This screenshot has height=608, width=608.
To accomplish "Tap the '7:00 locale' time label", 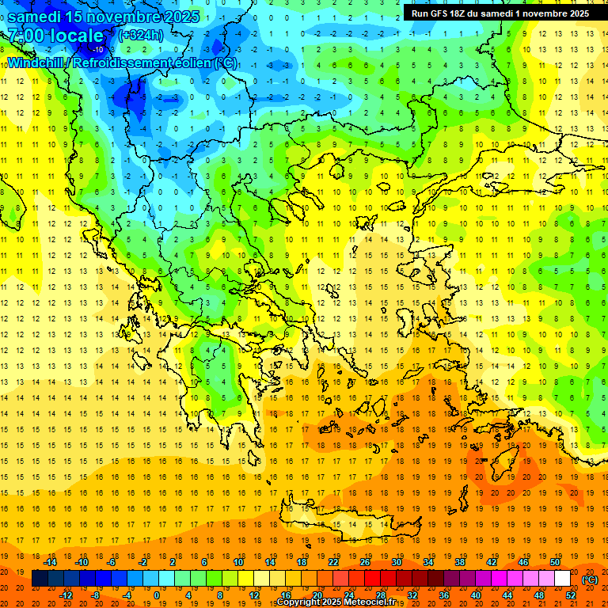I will click(x=55, y=36).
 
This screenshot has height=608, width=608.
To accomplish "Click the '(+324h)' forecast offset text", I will click(x=142, y=36).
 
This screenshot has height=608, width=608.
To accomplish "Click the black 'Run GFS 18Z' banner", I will click(x=500, y=13).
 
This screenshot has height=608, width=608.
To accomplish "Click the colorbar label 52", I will click(x=571, y=595).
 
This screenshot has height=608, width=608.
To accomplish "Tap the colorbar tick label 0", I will click(x=157, y=595).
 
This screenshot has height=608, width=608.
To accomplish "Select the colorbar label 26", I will click(x=365, y=562).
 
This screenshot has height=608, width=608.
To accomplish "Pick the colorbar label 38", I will click(x=460, y=562).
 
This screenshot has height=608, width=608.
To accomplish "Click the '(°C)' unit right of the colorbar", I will click(x=590, y=579).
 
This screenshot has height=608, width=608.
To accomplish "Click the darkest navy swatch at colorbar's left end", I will click(x=40, y=579).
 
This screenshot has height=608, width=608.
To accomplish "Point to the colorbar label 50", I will click(x=555, y=562).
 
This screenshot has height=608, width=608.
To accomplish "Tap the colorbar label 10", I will click(x=238, y=562).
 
